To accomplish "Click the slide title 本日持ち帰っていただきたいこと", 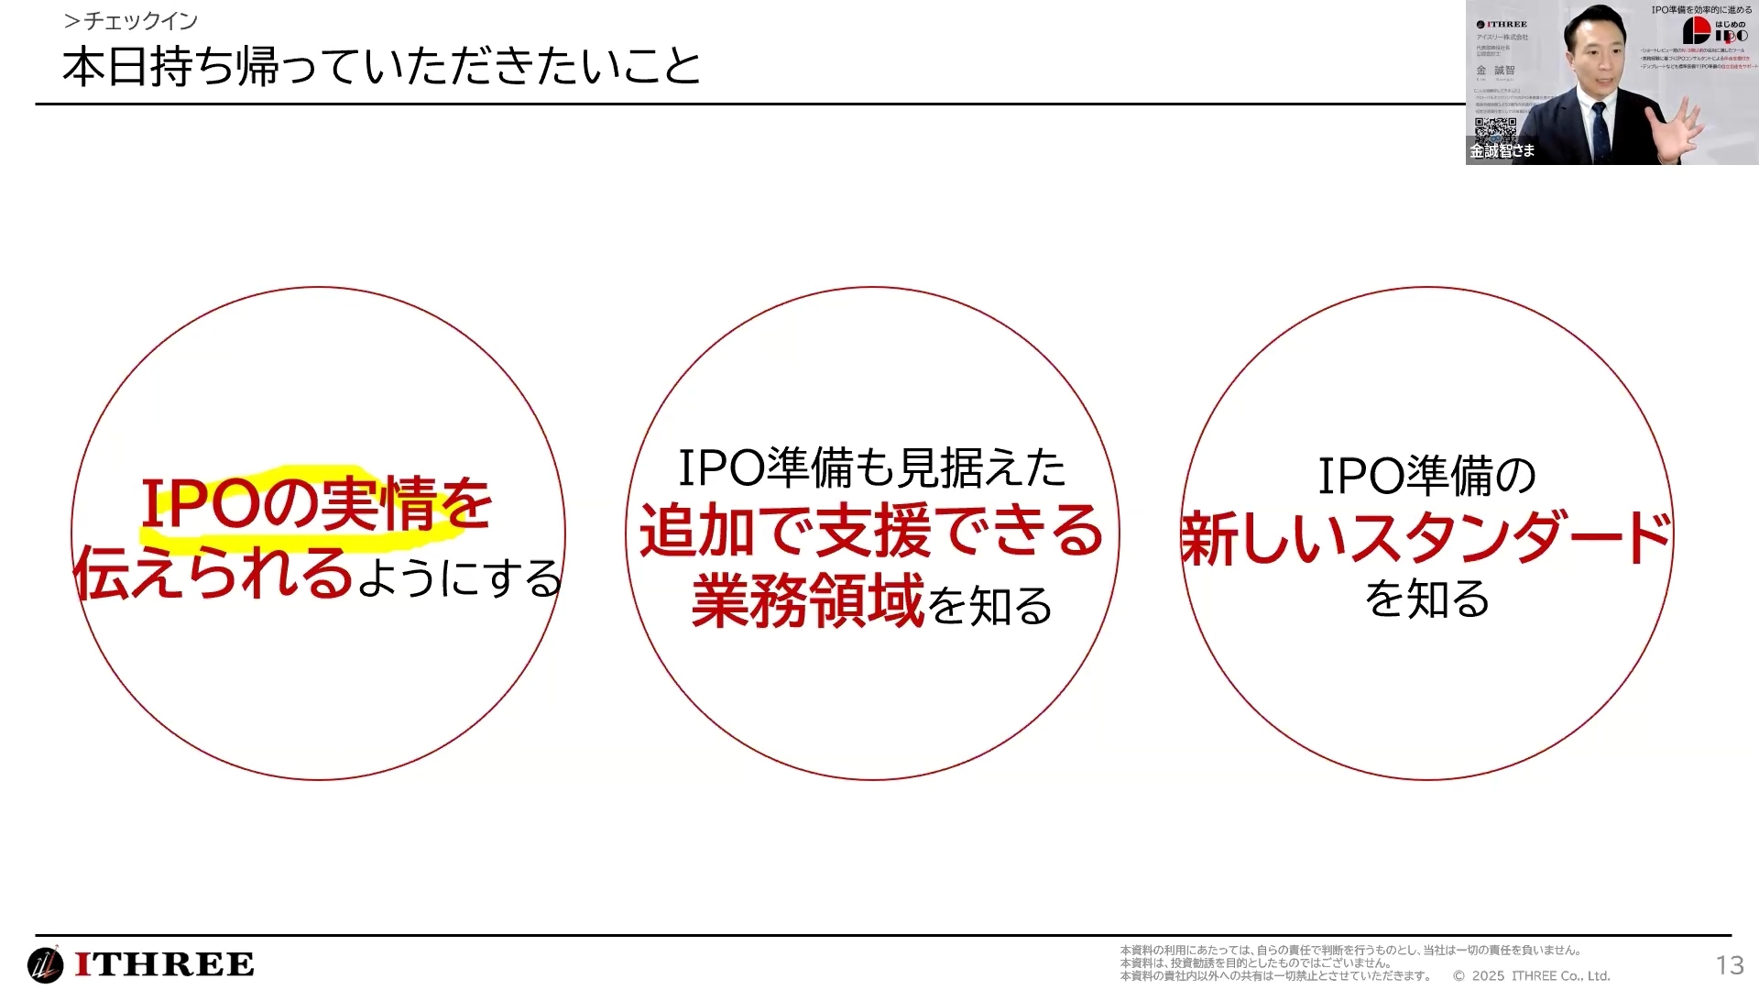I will click(x=381, y=67).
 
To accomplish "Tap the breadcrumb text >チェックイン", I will click(x=131, y=20).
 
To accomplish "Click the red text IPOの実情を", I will click(x=316, y=503).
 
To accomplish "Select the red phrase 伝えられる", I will click(x=213, y=574).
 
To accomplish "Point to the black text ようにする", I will click(x=459, y=578).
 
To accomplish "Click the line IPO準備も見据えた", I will click(x=871, y=467).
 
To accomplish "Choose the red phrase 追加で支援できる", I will click(x=871, y=532).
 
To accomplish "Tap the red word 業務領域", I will click(x=807, y=601).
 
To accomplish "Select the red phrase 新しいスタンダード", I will click(x=1426, y=538).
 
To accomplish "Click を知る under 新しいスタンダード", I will click(x=1426, y=599).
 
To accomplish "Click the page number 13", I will click(x=1730, y=965).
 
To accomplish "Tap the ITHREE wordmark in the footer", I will click(x=165, y=964).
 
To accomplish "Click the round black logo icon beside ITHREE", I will click(x=45, y=964).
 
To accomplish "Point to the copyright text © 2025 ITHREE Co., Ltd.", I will click(x=1531, y=976).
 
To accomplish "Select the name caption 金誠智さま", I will click(x=1502, y=150).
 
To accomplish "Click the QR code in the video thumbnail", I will click(x=1494, y=127).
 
